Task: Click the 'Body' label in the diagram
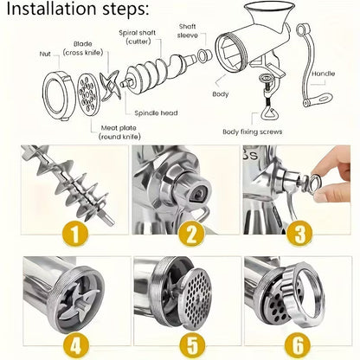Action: (x=220, y=93)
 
